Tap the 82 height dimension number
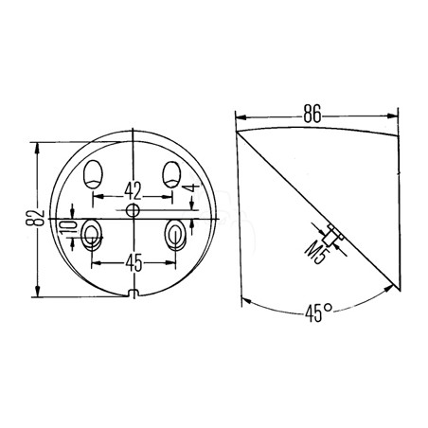click(35, 218)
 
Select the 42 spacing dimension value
click(133, 190)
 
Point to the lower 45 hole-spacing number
click(134, 262)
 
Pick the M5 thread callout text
click(315, 252)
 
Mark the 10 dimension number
click(68, 226)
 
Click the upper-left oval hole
click(93, 174)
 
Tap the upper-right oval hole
click(171, 174)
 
